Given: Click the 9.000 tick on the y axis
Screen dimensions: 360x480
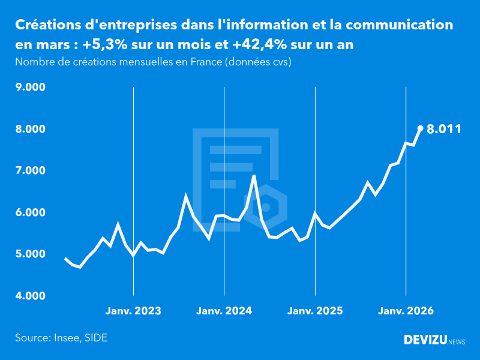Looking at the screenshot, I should (31, 88).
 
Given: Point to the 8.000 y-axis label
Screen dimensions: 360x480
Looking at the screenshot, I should (31, 129).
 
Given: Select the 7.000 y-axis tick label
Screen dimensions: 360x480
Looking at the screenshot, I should (31, 171).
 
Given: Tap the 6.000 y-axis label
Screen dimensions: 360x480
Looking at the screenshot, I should (31, 212).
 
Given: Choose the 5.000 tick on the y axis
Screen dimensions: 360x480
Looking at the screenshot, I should (31, 254).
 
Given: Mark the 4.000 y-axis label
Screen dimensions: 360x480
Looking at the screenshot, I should (31, 296).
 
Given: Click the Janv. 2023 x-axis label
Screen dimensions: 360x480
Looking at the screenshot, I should (133, 311).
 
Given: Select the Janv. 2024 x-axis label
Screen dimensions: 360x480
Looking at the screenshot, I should (224, 311).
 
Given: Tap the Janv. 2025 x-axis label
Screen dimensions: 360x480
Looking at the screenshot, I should (315, 311).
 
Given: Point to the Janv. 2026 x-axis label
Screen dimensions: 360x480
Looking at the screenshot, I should (406, 311).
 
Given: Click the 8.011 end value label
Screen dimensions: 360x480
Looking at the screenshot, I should (444, 128).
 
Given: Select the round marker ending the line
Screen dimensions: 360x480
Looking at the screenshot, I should (420, 128).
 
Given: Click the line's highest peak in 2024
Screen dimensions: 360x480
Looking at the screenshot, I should (254, 176).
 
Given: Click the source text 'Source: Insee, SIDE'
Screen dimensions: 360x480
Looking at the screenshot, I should (61, 338).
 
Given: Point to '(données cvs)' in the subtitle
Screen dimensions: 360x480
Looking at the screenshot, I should (258, 62).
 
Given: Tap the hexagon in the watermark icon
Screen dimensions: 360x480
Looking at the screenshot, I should (266, 207).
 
